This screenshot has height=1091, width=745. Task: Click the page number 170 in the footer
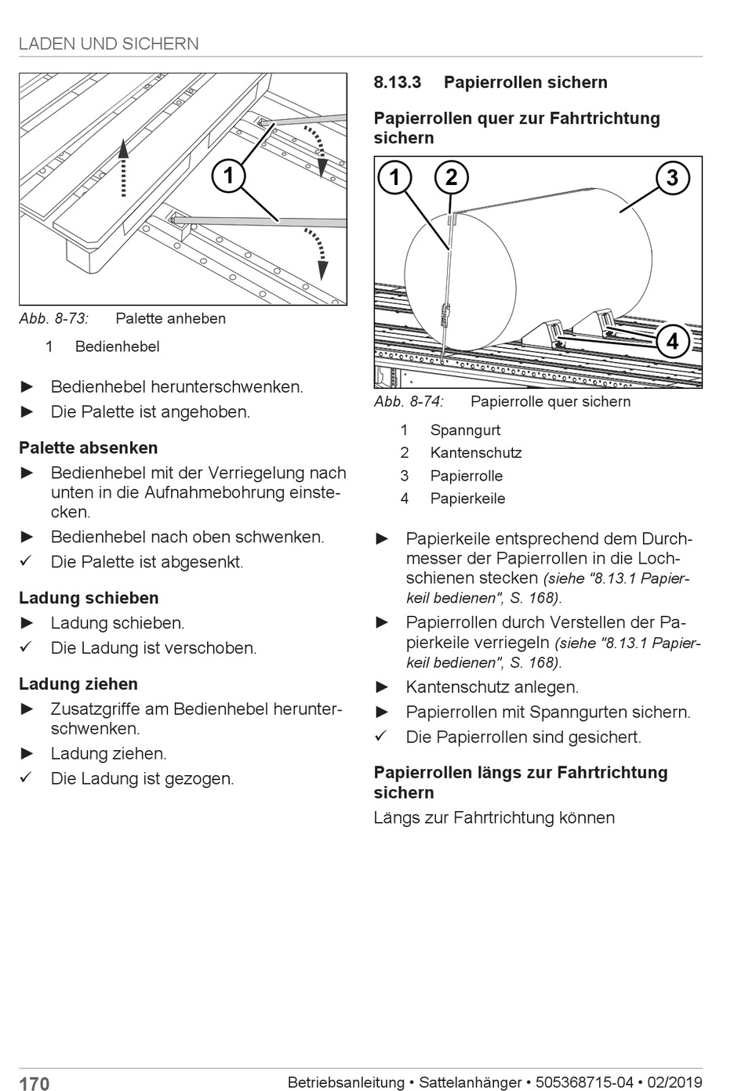pyautogui.click(x=34, y=1083)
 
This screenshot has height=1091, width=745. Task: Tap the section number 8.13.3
pyautogui.click(x=397, y=82)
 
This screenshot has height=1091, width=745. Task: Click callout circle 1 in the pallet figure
pyautogui.click(x=228, y=175)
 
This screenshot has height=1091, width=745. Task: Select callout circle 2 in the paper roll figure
pyautogui.click(x=451, y=177)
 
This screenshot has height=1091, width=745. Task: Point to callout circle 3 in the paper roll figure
pyautogui.click(x=672, y=177)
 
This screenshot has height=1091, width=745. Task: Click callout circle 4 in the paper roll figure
pyautogui.click(x=672, y=341)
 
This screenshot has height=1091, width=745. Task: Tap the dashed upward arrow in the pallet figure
pyautogui.click(x=123, y=168)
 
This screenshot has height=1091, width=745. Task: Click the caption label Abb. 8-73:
pyautogui.click(x=54, y=318)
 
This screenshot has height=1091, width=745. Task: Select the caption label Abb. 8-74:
pyautogui.click(x=409, y=401)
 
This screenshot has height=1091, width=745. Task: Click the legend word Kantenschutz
pyautogui.click(x=475, y=452)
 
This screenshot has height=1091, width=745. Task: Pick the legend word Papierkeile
pyautogui.click(x=467, y=498)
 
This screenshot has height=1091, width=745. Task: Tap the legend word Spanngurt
pyautogui.click(x=465, y=430)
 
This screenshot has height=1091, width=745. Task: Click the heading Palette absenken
pyautogui.click(x=89, y=448)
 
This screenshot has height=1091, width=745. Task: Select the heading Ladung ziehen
pyautogui.click(x=78, y=683)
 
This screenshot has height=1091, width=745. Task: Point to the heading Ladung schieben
pyautogui.click(x=89, y=598)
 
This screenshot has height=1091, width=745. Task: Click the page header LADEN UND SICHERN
pyautogui.click(x=109, y=44)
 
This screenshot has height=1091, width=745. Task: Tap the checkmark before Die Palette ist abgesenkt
pyautogui.click(x=26, y=561)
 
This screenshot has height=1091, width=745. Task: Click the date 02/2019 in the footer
pyautogui.click(x=674, y=1082)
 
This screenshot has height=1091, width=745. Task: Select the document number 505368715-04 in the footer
pyautogui.click(x=583, y=1082)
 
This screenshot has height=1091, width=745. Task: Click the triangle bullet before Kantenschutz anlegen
pyautogui.click(x=382, y=687)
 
